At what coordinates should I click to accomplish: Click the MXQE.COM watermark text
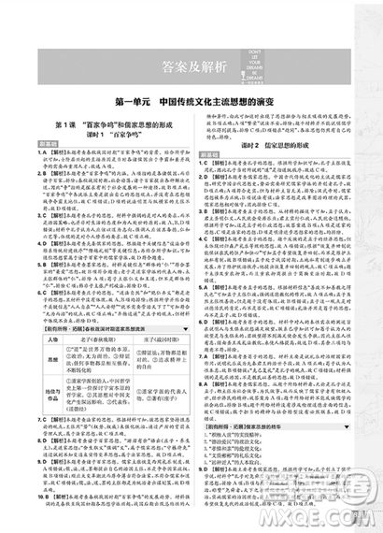[x=342, y=512]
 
